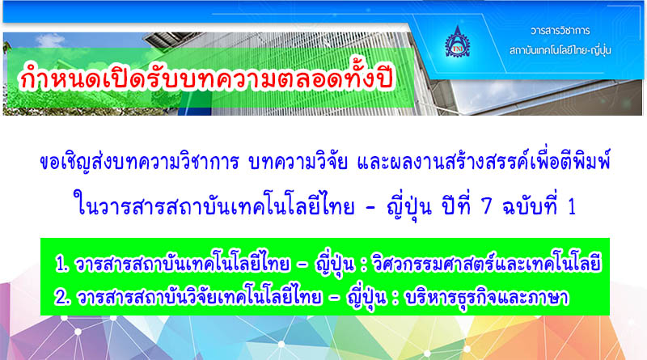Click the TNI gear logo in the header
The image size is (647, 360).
(457, 42)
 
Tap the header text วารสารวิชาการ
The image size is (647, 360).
(560, 31)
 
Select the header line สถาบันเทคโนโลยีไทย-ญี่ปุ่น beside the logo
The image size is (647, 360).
(560, 50)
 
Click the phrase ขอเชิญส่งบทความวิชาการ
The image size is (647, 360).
(139, 162)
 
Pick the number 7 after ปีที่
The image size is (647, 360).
(487, 206)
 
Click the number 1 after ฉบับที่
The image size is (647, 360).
(572, 207)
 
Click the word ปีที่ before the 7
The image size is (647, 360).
(457, 205)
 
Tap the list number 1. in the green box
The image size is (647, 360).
(62, 265)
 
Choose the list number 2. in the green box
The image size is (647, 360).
(63, 297)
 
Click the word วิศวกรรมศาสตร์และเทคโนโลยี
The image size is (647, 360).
(486, 264)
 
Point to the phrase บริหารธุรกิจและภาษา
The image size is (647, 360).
(487, 297)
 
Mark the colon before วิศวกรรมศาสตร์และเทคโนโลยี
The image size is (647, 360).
(363, 265)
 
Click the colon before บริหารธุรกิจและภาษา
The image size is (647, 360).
(396, 299)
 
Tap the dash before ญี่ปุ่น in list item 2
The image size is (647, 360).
(334, 299)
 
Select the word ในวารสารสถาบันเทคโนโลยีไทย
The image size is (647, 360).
(214, 206)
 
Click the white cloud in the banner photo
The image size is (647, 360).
(50, 40)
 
